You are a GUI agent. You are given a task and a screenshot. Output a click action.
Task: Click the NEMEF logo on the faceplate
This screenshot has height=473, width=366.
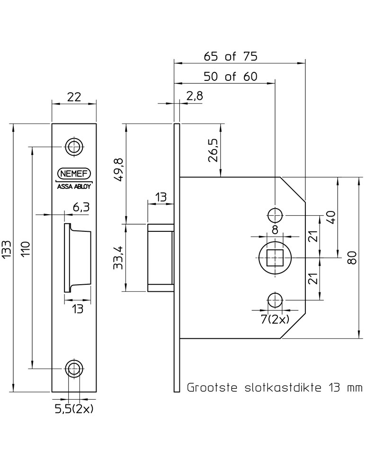(x=74, y=174)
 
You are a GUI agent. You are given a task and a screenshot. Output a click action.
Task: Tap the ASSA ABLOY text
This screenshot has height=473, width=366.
(x=74, y=186)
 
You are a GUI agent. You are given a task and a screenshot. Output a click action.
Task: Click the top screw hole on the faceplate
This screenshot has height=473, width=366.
(x=73, y=147)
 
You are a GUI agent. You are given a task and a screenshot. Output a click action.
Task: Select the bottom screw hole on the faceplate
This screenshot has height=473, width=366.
(x=73, y=368)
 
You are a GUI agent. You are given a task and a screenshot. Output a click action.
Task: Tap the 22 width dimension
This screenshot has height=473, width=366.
(x=74, y=97)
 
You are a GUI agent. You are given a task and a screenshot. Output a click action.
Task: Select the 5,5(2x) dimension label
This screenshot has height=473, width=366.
(x=74, y=409)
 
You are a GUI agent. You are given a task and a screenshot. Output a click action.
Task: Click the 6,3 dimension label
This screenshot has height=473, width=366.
(x=81, y=207)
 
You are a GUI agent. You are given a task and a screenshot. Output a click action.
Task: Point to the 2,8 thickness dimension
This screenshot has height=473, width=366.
(x=195, y=96)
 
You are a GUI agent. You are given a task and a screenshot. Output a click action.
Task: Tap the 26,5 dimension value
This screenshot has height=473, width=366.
(x=213, y=150)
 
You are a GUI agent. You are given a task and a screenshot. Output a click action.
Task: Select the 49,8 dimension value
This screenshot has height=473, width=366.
(x=119, y=170)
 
